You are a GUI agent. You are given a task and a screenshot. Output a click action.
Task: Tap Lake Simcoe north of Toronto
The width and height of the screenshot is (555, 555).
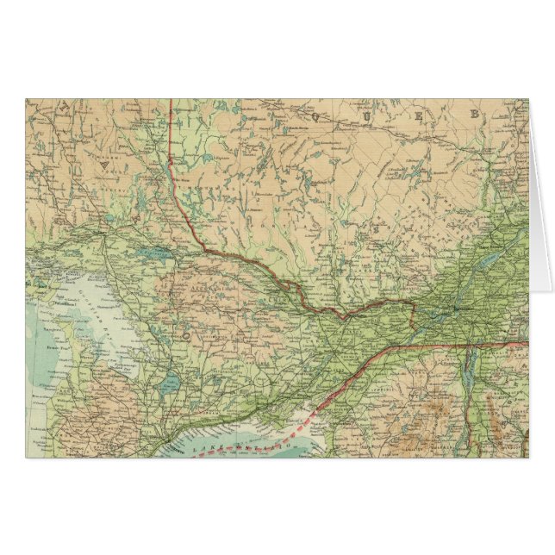point(171,380)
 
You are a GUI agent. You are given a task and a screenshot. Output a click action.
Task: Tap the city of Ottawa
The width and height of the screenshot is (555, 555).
point(346,315)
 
